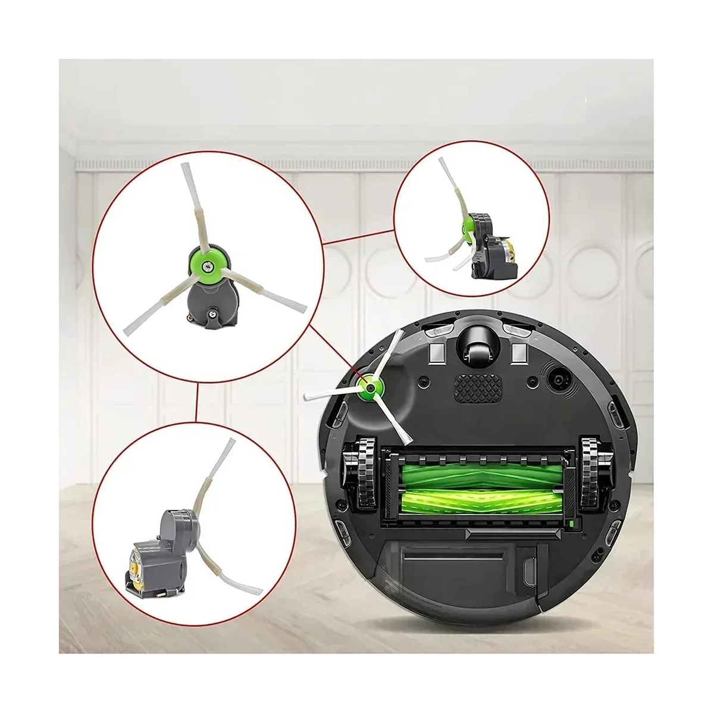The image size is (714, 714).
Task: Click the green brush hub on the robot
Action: pyautogui.click(x=370, y=388)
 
